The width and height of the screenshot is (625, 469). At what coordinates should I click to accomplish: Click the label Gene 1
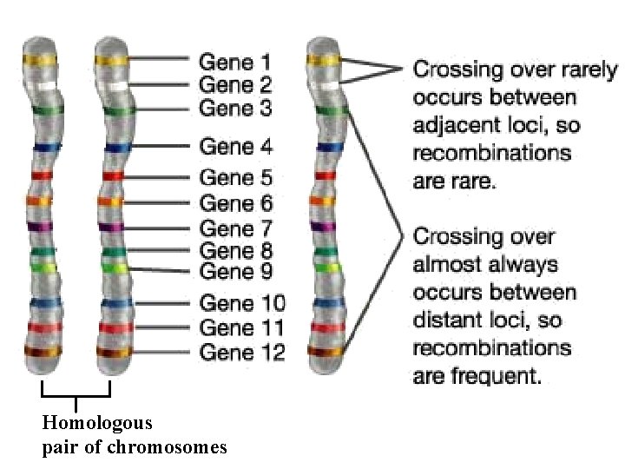pos(235,62)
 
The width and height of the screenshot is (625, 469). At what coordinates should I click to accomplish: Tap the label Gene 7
pos(235,228)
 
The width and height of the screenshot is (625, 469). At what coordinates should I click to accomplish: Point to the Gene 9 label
pos(235,272)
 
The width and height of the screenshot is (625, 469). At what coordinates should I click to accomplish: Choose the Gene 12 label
pos(241,352)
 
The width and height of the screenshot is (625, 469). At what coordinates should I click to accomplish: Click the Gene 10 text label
pos(241,304)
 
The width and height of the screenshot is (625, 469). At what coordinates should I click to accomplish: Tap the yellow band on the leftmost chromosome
pos(41,61)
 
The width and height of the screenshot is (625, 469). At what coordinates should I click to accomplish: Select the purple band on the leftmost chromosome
pos(41,227)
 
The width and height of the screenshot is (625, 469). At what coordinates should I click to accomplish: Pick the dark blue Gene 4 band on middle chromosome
pos(112,148)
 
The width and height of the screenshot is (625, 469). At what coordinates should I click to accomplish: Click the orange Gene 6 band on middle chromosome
pos(112,201)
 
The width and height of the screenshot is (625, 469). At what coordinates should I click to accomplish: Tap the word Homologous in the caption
pos(96,424)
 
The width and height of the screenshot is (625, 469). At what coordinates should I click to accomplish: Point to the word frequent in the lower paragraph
pos(503,376)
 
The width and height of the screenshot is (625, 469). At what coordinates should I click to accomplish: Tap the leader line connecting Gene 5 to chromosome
pos(161,178)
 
